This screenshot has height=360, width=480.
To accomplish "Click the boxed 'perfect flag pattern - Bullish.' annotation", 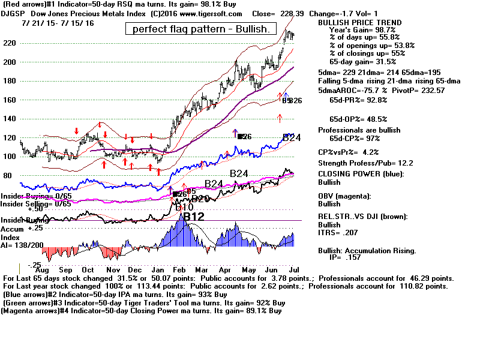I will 200,29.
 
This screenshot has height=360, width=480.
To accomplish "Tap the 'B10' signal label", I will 184,207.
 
